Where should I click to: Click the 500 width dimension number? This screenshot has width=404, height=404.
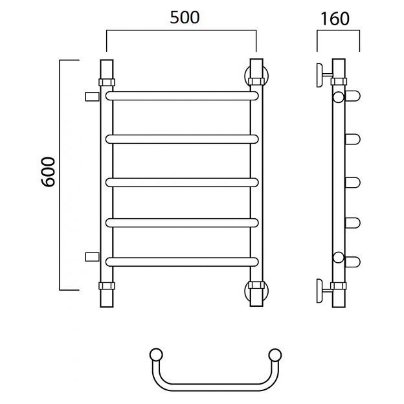(x=185, y=17)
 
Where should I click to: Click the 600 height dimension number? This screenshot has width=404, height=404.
(x=48, y=172)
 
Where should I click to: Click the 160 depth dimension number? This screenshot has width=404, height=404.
(x=335, y=19)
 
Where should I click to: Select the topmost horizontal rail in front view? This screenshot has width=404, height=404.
(x=182, y=96)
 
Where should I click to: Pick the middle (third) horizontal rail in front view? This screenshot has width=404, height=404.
(x=182, y=183)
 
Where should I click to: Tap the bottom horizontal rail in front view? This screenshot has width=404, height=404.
(x=182, y=262)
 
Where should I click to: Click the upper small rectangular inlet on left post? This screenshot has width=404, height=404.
(x=92, y=96)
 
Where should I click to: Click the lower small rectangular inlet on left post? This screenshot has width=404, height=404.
(x=92, y=257)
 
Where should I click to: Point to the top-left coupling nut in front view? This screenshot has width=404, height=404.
(x=107, y=82)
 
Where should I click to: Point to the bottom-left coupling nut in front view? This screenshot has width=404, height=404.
(x=107, y=286)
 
